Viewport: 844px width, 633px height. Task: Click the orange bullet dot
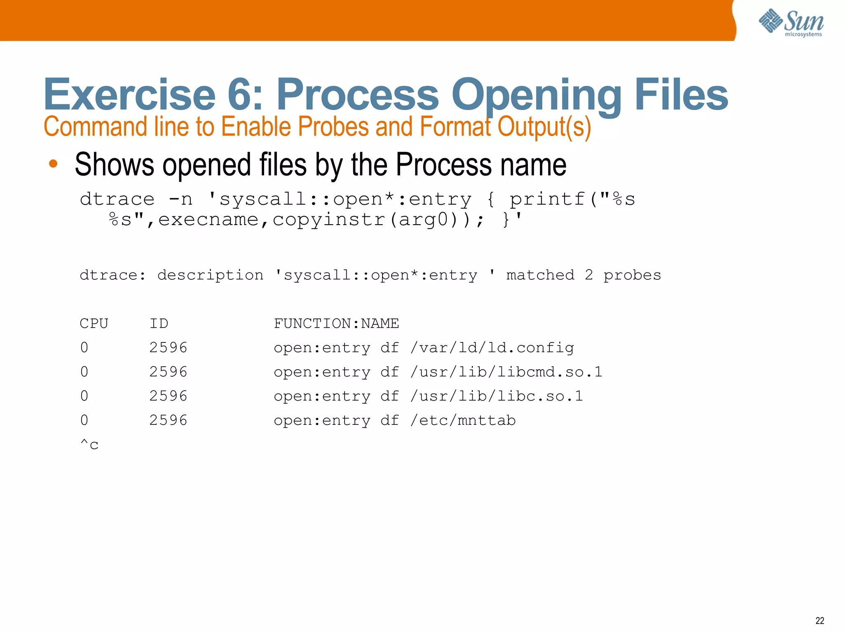point(53,164)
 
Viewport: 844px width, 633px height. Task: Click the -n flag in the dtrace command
point(181,199)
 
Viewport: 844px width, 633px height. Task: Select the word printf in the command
point(547,199)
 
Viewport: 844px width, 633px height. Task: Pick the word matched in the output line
point(540,275)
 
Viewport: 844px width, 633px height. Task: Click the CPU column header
point(94,324)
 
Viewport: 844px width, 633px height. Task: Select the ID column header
point(159,324)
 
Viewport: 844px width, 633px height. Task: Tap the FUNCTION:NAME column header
point(336,324)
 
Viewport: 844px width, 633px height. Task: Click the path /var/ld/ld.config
point(492,348)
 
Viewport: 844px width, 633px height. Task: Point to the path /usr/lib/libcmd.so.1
point(506,372)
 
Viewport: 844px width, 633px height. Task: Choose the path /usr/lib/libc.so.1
point(497,396)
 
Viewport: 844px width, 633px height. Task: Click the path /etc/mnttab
point(463,421)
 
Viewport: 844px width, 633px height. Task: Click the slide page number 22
point(820,621)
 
